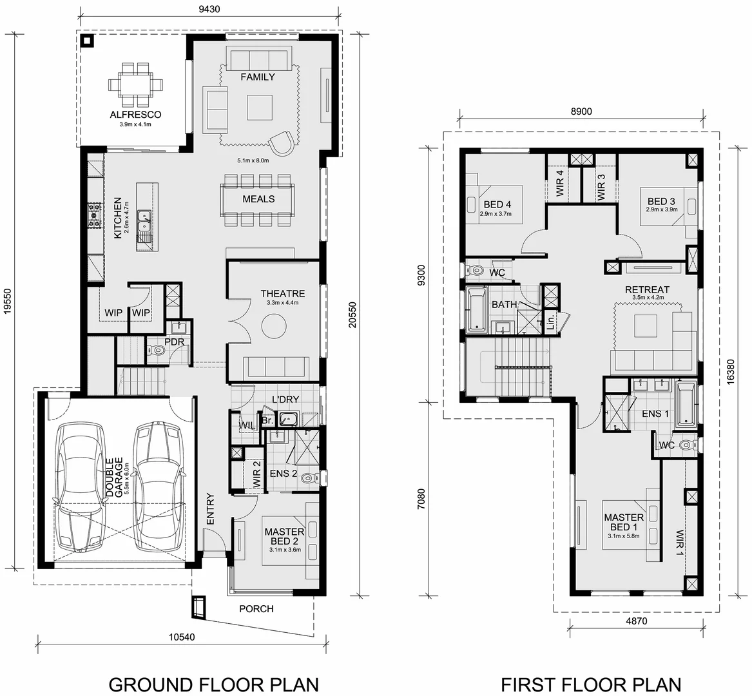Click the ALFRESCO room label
pyautogui.click(x=135, y=115)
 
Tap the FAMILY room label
pyautogui.click(x=258, y=77)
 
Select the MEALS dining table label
pyautogui.click(x=258, y=199)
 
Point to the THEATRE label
pyautogui.click(x=283, y=294)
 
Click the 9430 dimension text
pyautogui.click(x=208, y=9)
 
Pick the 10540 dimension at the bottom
pyautogui.click(x=183, y=637)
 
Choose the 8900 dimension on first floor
pyautogui.click(x=580, y=111)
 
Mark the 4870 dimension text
pyautogui.click(x=635, y=621)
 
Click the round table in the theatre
pyautogui.click(x=274, y=325)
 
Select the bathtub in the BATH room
pyautogui.click(x=477, y=310)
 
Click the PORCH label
pyautogui.click(x=256, y=608)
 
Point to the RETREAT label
pyautogui.click(x=647, y=290)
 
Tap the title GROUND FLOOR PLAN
pyautogui.click(x=213, y=683)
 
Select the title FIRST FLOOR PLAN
pyautogui.click(x=591, y=683)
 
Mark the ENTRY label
pyautogui.click(x=209, y=509)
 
